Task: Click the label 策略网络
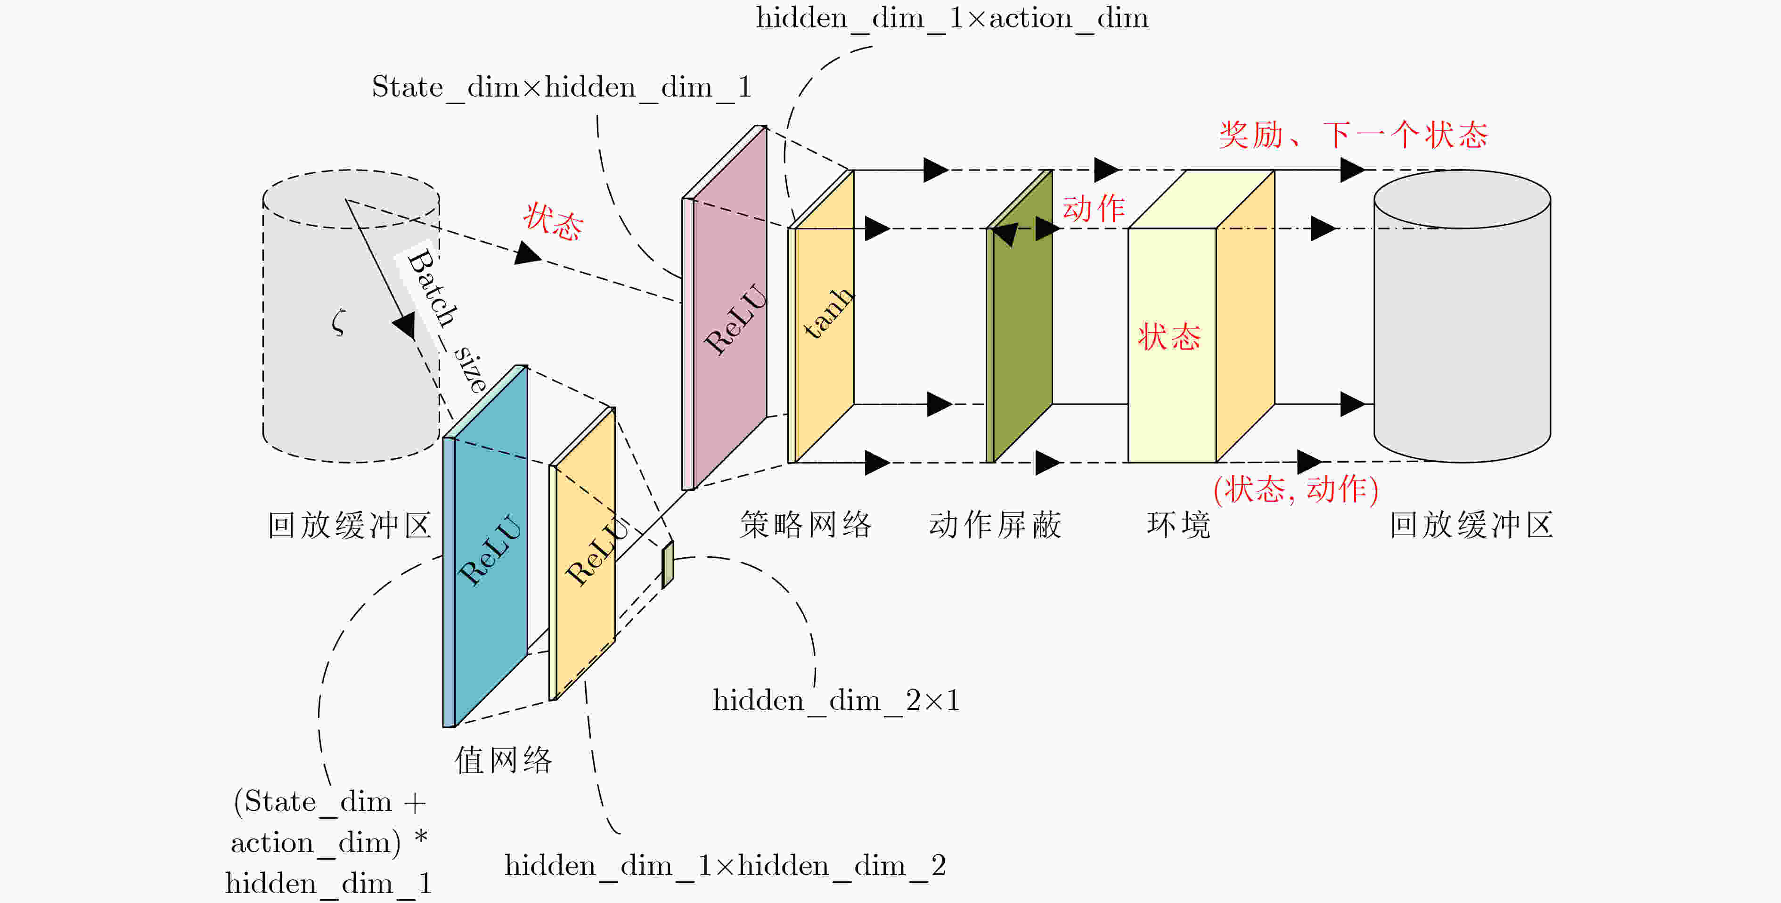(806, 525)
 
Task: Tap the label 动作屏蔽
(995, 525)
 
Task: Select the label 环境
(1179, 525)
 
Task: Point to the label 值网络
(503, 760)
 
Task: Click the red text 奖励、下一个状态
(1353, 134)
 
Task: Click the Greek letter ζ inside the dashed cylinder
(338, 322)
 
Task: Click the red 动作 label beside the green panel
(1093, 208)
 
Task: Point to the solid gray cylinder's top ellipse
(1462, 199)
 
